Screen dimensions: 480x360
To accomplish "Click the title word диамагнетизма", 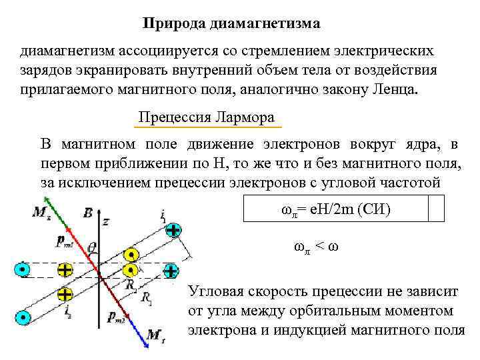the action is (265, 24).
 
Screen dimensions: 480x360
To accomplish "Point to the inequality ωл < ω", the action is (317, 246).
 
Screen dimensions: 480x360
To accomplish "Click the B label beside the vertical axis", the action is (87, 213).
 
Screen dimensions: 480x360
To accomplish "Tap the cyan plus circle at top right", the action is (173, 231).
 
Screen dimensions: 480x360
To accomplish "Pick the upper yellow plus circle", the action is (65, 270).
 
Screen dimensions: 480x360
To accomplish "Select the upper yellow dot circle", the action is (132, 254).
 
